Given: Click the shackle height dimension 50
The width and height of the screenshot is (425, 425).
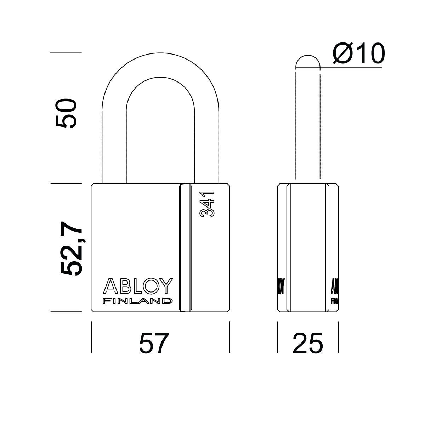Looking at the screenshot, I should (x=66, y=113).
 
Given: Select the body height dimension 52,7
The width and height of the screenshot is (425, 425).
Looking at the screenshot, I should (x=72, y=246).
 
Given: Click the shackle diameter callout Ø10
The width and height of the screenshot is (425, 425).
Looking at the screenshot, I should (x=358, y=54).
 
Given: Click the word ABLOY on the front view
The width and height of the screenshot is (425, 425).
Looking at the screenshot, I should (x=138, y=286).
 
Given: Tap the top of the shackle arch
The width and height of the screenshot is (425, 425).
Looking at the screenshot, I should (x=160, y=64).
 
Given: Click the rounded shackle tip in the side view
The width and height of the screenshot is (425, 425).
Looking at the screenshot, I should (x=308, y=61).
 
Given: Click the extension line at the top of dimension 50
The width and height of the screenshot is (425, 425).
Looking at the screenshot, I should (x=66, y=53).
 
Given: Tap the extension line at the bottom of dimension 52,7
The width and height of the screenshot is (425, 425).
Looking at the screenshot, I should (x=66, y=312).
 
